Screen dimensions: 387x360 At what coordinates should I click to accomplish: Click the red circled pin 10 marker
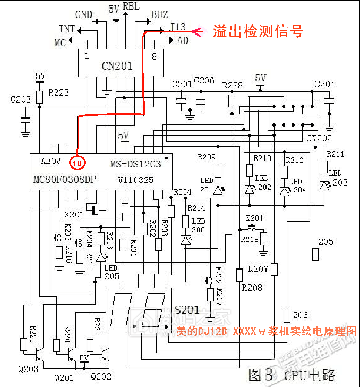[x=77, y=162]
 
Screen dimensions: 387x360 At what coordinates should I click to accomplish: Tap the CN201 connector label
[x=117, y=66]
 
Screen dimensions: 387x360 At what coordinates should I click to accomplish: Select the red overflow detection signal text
[x=258, y=31]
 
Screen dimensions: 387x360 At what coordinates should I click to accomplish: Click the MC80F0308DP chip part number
[x=64, y=180]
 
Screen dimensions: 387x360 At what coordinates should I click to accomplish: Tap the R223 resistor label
[x=58, y=92]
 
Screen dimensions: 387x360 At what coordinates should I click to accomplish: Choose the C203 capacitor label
[x=21, y=99]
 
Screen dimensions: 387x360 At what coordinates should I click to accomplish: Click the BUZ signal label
[x=159, y=14]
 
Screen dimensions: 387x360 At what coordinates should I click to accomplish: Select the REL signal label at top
[x=131, y=6]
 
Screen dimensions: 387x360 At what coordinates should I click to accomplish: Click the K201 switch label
[x=254, y=218]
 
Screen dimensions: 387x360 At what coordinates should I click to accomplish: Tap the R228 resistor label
[x=232, y=86]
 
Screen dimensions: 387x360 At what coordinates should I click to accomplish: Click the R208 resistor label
[x=252, y=288]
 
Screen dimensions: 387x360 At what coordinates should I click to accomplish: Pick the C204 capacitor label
[x=324, y=85]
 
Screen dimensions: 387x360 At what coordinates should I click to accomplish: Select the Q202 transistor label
[x=101, y=377]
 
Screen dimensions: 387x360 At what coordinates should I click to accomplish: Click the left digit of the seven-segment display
[x=122, y=310]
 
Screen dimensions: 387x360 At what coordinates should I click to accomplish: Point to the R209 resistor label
[x=207, y=157]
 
